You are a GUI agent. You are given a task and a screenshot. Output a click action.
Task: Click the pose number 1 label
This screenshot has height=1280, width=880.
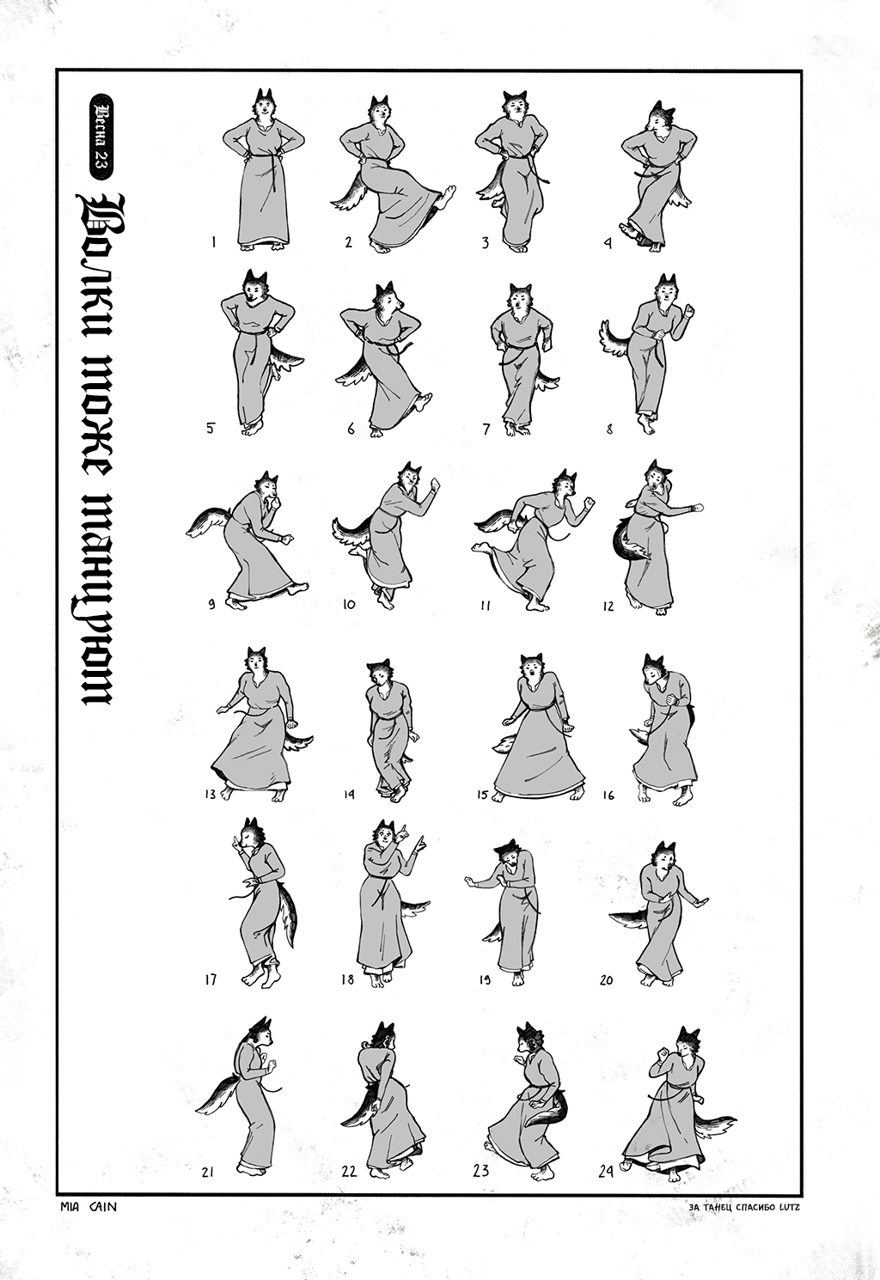[x=213, y=242]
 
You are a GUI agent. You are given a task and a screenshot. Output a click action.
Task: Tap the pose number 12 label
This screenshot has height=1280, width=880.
[x=608, y=606]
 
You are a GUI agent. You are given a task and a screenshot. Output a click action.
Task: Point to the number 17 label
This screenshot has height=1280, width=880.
[x=211, y=979]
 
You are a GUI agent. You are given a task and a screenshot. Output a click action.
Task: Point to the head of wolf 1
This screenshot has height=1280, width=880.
[x=264, y=103]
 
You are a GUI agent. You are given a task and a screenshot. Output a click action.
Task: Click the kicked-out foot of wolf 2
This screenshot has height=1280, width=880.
[x=445, y=197]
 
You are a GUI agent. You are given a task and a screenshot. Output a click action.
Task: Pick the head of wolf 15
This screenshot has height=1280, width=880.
[x=532, y=668]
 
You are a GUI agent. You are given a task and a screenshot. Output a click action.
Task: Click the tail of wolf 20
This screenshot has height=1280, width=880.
[x=632, y=917]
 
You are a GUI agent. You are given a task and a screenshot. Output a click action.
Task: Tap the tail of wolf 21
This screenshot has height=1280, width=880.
[x=221, y=1096]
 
